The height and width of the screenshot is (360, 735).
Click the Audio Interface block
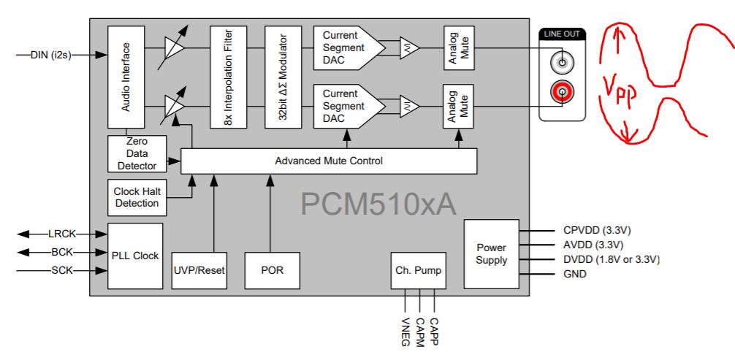126,77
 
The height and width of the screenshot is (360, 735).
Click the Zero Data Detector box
137,155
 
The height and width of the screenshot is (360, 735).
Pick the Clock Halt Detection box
137,197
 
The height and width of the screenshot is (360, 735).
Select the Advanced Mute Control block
328,161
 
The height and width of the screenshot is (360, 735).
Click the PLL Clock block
135,256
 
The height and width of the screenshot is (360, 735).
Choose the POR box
272,269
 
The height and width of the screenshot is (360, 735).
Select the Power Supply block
491,253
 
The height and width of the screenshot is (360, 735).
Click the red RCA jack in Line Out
562,92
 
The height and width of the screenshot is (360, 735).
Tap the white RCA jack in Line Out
562,63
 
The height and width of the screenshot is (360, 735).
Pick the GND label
575,274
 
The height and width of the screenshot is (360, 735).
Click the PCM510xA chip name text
378,204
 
